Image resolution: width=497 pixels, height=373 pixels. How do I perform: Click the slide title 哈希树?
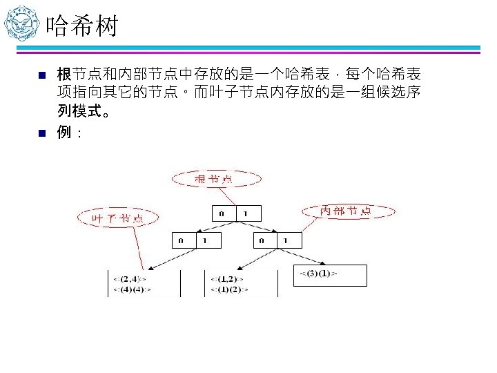[x=82, y=28]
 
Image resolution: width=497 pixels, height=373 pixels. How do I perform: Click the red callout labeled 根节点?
[x=215, y=180]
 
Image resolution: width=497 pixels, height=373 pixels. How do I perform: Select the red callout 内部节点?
[x=346, y=211]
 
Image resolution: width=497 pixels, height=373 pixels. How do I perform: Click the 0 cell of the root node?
[x=222, y=213]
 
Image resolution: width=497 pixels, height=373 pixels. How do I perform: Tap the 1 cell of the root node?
[x=248, y=213]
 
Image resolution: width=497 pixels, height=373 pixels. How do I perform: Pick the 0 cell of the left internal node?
[x=181, y=240]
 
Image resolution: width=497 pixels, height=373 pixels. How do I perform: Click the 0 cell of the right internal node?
[x=263, y=240]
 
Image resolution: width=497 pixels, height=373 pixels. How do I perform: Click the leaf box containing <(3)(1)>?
[x=330, y=275]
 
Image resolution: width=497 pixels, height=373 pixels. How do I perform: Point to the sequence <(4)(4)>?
[x=130, y=289]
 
